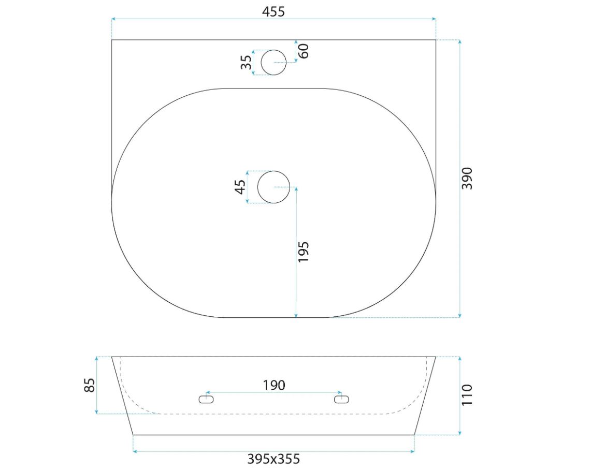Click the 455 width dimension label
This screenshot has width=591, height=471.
pos(273,12)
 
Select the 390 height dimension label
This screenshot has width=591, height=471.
pos(467,178)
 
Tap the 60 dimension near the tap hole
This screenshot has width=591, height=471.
pos(304,51)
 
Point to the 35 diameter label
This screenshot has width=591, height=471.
pos(246,62)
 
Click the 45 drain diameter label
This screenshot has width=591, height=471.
pos(240,187)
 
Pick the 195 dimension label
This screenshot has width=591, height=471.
pos(304,252)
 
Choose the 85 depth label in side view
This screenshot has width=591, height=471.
pos(89,385)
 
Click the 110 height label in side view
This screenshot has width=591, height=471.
pos(467,394)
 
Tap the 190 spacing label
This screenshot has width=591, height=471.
pos(274,385)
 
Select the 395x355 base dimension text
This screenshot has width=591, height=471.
pos(273,459)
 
